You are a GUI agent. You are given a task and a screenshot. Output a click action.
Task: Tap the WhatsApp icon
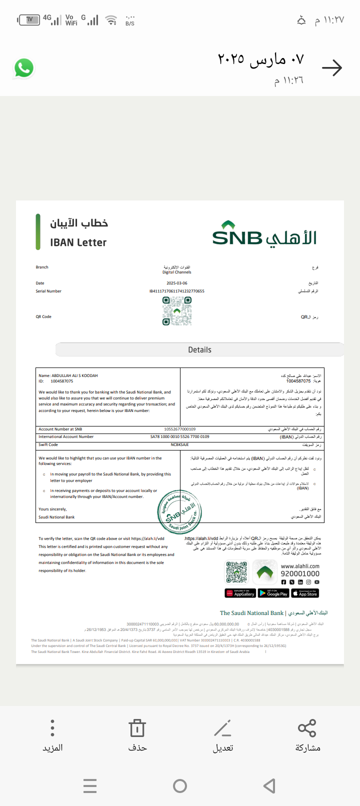(23, 68)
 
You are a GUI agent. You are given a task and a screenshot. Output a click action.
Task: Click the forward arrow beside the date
(332, 68)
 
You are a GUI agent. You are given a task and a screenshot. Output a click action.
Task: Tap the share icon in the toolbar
(307, 728)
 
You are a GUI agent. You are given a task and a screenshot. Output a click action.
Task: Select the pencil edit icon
(222, 728)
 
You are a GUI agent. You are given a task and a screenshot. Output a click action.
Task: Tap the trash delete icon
(137, 728)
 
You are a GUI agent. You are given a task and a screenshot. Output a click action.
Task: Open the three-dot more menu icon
(52, 728)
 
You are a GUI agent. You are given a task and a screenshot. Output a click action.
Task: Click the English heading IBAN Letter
(78, 242)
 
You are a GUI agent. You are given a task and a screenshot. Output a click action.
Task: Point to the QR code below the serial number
(176, 310)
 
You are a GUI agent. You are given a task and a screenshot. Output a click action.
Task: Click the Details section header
(199, 350)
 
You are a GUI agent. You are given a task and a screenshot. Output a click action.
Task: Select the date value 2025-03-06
(177, 283)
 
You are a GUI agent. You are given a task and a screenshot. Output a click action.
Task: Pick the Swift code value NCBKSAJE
(179, 444)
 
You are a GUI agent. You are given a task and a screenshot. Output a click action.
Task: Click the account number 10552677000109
(179, 429)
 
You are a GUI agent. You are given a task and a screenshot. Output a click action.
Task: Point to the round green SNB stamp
(179, 512)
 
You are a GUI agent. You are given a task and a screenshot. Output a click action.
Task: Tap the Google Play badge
(273, 593)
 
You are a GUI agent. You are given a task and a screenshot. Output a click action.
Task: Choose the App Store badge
(305, 593)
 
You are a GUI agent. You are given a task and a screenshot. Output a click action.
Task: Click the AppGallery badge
(240, 593)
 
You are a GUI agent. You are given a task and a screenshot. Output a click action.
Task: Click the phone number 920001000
(300, 574)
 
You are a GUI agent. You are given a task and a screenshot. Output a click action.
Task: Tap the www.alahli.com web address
(300, 566)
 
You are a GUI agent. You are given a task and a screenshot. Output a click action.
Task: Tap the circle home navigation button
(180, 786)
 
